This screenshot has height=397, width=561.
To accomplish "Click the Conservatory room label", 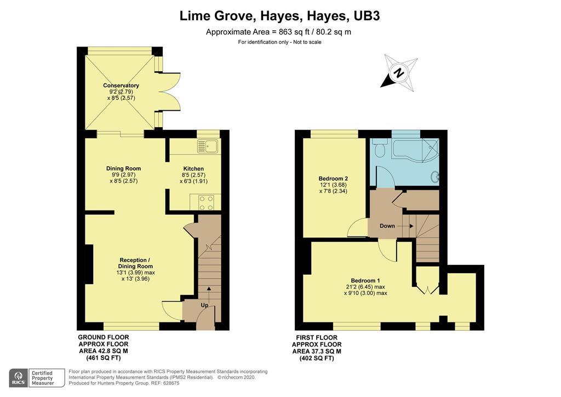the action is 121,85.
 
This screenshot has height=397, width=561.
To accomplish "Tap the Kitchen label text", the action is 193,168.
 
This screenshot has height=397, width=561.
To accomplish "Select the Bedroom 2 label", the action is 334,179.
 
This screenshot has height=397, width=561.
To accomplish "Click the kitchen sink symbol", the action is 208,146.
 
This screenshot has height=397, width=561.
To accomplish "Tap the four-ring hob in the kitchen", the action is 205,203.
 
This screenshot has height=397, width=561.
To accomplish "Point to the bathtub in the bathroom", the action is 415,151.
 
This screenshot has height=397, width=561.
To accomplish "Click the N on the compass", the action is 399,73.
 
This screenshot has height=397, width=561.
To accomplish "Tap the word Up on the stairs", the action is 204,305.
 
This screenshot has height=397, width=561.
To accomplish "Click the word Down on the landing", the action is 387,226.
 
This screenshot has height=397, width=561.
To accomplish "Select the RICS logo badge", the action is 19,378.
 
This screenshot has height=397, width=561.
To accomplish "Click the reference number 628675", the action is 171,383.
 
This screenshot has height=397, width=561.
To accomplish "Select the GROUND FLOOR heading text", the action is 104,337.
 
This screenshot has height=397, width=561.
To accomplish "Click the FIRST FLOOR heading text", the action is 317,338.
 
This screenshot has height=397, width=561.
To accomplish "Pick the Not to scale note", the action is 307,42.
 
